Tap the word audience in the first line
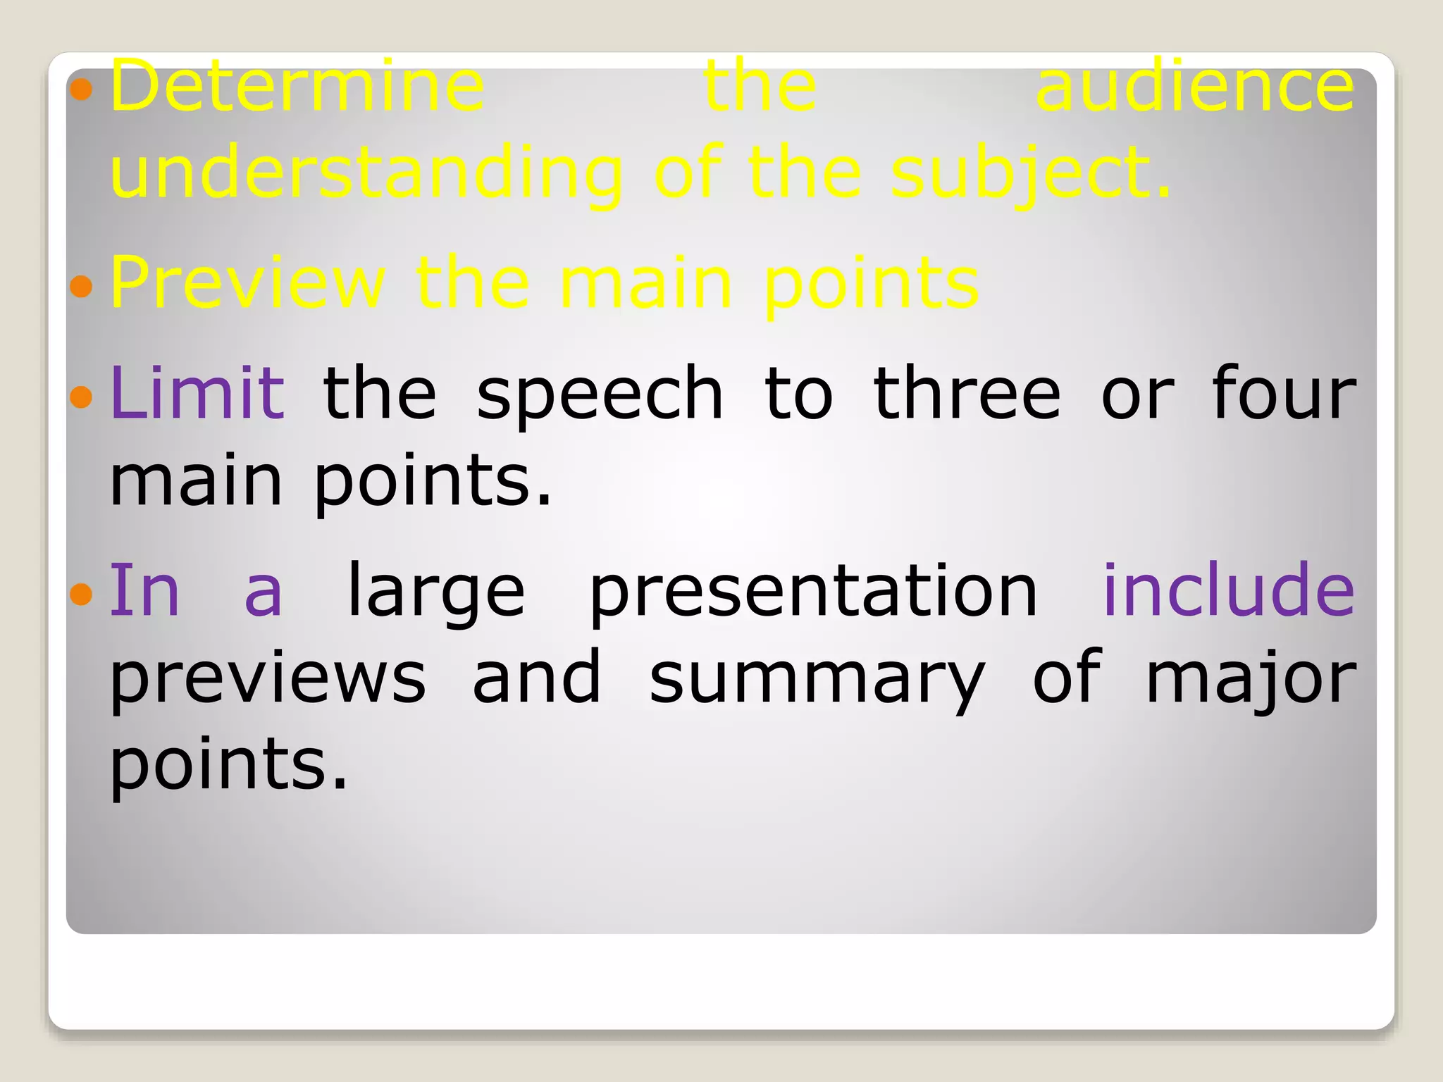(x=1195, y=87)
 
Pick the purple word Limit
(x=197, y=393)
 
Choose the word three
(x=967, y=393)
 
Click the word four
(x=1284, y=393)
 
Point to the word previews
(x=268, y=678)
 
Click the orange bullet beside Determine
(x=82, y=89)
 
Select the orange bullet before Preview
(x=82, y=286)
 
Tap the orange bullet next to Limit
(x=82, y=397)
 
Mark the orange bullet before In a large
(x=82, y=594)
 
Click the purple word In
(x=144, y=590)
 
